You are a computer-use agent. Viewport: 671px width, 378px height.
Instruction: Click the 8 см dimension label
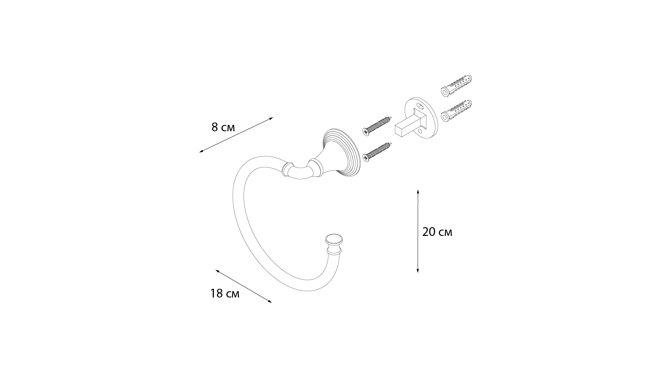(223, 127)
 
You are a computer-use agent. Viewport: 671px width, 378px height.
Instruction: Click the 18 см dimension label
(225, 293)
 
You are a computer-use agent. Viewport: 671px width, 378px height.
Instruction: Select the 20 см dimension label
(437, 232)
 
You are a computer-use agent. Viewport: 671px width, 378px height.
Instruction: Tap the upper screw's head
(366, 131)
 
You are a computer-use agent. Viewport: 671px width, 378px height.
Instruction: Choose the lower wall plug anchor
(456, 111)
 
